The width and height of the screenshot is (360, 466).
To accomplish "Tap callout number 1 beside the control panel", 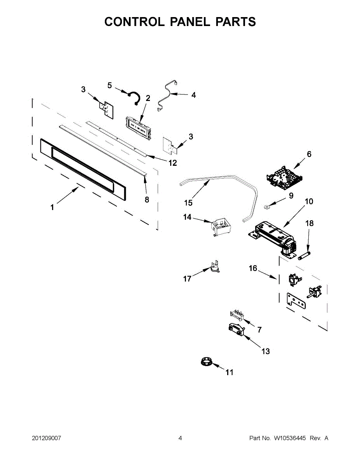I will (x=52, y=207).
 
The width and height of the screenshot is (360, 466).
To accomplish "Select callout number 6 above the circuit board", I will (x=309, y=154).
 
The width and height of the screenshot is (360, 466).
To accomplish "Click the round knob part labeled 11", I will (x=205, y=363).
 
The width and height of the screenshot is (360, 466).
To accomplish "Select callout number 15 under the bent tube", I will (x=188, y=203).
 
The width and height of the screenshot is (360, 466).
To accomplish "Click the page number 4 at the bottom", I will (x=180, y=438).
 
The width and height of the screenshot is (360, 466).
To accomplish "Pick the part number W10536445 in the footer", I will (x=290, y=438).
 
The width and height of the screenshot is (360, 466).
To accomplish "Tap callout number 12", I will (x=172, y=163).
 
